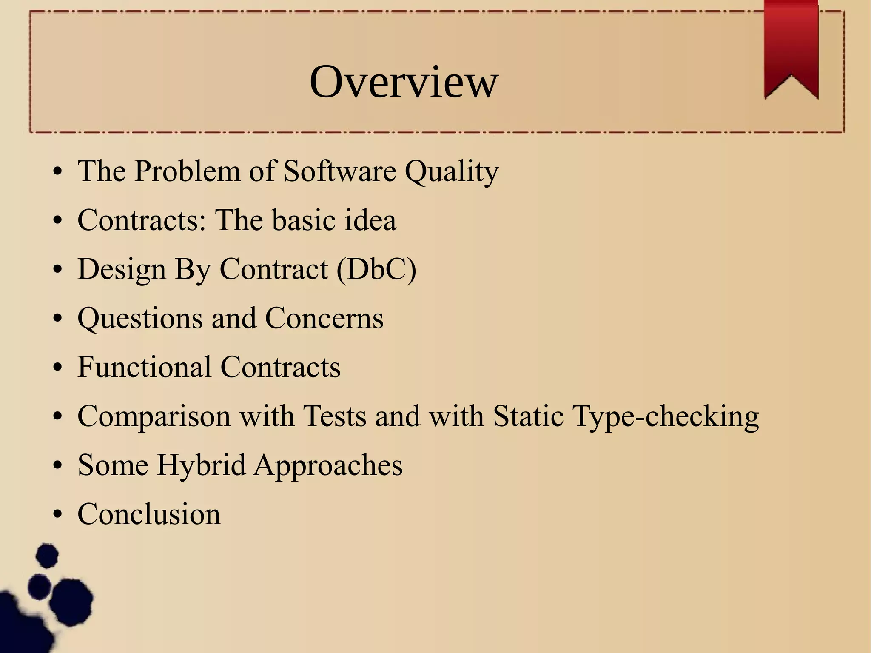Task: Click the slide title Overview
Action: click(x=403, y=82)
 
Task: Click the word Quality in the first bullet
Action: click(x=451, y=172)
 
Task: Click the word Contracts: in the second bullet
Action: click(x=142, y=220)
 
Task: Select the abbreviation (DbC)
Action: click(x=376, y=269)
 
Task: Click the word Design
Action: click(x=122, y=270)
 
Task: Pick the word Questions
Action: click(x=140, y=319)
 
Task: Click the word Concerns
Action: click(x=324, y=318)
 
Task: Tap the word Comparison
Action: click(x=154, y=417)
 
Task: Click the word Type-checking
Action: click(x=666, y=417)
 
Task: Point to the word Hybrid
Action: click(x=201, y=465)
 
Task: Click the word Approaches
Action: click(x=328, y=466)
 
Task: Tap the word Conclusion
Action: click(x=149, y=514)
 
